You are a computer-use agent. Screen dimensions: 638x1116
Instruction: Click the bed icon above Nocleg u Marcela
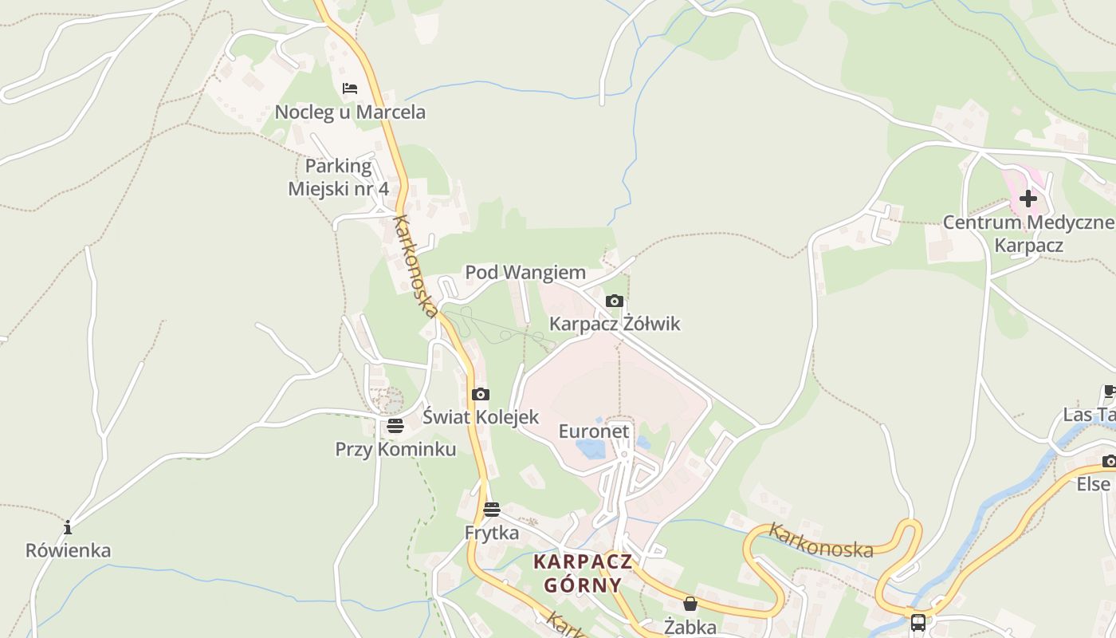click(x=349, y=88)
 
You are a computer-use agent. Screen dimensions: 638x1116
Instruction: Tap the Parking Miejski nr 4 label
click(x=339, y=177)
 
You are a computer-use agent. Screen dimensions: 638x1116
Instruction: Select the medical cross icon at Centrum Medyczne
click(x=1028, y=198)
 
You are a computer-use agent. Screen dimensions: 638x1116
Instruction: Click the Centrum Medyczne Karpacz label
click(x=1028, y=233)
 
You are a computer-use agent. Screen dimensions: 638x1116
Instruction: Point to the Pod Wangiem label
click(x=525, y=273)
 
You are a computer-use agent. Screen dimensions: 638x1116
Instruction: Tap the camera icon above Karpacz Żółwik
click(x=614, y=301)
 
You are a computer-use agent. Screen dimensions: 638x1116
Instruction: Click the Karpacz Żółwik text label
click(x=615, y=324)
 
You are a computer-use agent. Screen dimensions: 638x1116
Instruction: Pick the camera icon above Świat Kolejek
click(x=480, y=394)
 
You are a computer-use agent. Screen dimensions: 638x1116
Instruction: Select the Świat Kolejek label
click(x=481, y=416)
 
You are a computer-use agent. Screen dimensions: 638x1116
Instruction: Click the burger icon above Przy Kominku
click(x=395, y=426)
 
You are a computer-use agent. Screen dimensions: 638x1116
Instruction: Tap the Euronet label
click(x=594, y=431)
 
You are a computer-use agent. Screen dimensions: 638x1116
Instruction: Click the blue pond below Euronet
click(x=591, y=449)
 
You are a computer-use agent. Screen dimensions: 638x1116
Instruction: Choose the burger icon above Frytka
click(x=492, y=510)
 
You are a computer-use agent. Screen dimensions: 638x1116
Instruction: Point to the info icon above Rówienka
click(x=68, y=527)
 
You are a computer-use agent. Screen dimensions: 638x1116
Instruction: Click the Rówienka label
click(x=68, y=550)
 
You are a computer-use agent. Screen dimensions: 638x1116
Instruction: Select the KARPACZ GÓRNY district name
click(x=583, y=573)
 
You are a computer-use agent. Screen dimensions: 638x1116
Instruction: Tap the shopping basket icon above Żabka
click(x=690, y=605)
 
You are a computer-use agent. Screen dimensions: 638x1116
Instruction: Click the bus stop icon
click(x=918, y=622)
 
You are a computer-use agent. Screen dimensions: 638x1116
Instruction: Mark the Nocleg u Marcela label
click(x=350, y=112)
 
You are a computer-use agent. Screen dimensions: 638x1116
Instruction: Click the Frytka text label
click(x=492, y=532)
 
